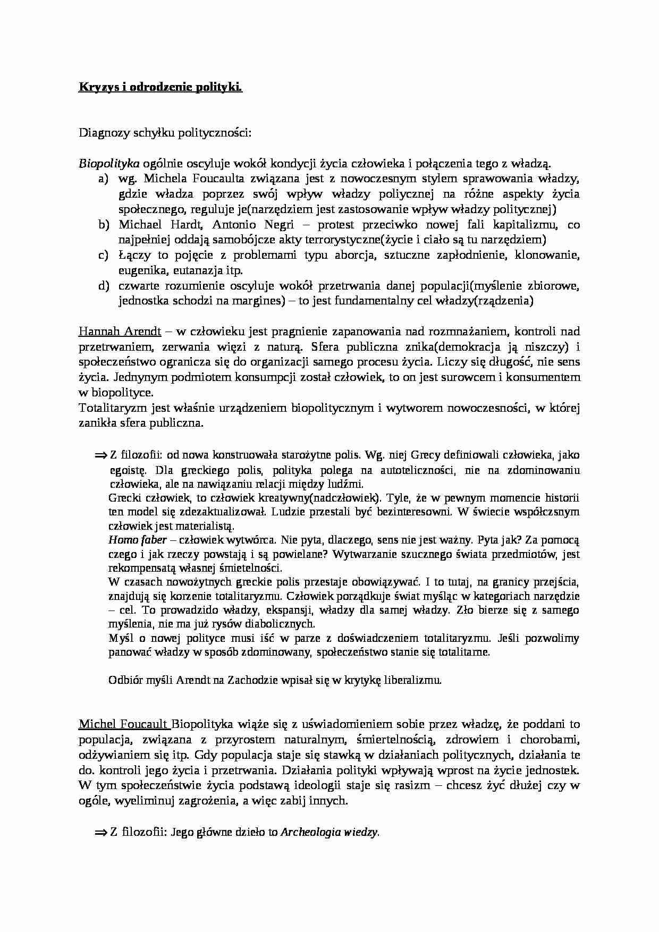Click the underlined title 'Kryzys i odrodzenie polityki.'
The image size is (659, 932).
click(160, 87)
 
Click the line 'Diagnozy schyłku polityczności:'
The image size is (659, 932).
click(164, 133)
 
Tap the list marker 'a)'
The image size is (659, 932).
click(103, 179)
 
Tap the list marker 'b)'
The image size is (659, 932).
click(103, 225)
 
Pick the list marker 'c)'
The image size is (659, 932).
click(103, 256)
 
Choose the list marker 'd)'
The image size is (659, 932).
click(103, 286)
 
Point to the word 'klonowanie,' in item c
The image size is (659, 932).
click(552, 256)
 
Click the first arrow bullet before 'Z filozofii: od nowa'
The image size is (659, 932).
click(101, 456)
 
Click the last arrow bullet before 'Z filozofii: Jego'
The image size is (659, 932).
click(101, 833)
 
